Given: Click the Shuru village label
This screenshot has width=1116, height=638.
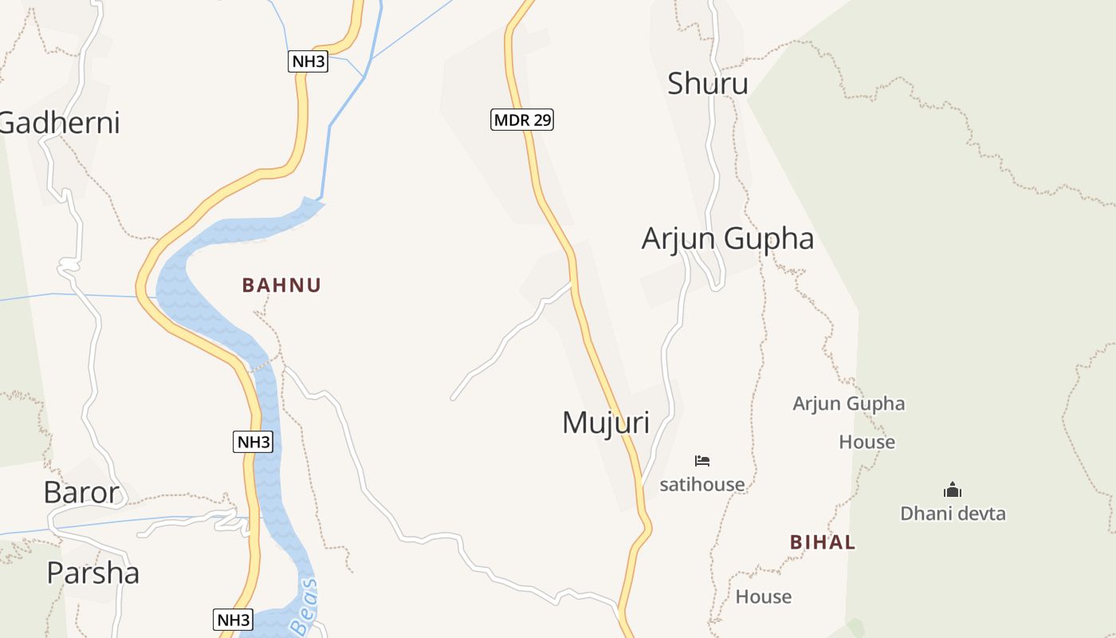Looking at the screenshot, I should click(x=707, y=83).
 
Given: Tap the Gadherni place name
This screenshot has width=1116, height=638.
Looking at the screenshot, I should click(x=60, y=123).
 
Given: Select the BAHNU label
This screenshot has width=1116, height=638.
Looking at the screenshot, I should click(x=281, y=285).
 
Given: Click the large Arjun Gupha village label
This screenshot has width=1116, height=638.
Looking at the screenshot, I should click(x=727, y=238).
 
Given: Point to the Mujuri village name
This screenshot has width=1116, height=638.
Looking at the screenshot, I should click(x=606, y=423).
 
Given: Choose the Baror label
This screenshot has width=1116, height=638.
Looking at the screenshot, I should click(x=81, y=493).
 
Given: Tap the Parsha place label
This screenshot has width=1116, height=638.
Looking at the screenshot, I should click(x=92, y=573).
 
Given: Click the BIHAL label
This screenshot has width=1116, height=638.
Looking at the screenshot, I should click(x=823, y=542).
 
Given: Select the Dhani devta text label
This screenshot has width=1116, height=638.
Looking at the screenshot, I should click(x=953, y=514).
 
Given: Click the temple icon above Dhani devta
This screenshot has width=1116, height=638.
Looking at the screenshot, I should click(x=952, y=490).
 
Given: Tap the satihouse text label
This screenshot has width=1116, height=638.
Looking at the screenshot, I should click(x=701, y=484).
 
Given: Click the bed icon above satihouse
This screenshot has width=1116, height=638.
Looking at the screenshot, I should click(x=701, y=460).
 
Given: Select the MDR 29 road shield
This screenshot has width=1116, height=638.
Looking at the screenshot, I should click(x=521, y=120).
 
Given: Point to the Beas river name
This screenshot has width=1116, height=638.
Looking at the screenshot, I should click(x=305, y=608).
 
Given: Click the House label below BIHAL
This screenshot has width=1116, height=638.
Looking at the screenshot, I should click(x=763, y=597).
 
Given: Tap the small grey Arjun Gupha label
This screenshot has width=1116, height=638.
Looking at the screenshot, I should click(x=848, y=404).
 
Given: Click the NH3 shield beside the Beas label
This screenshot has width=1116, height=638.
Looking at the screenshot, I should click(x=234, y=619).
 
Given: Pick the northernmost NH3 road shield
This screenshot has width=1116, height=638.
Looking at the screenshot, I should click(x=308, y=61).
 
